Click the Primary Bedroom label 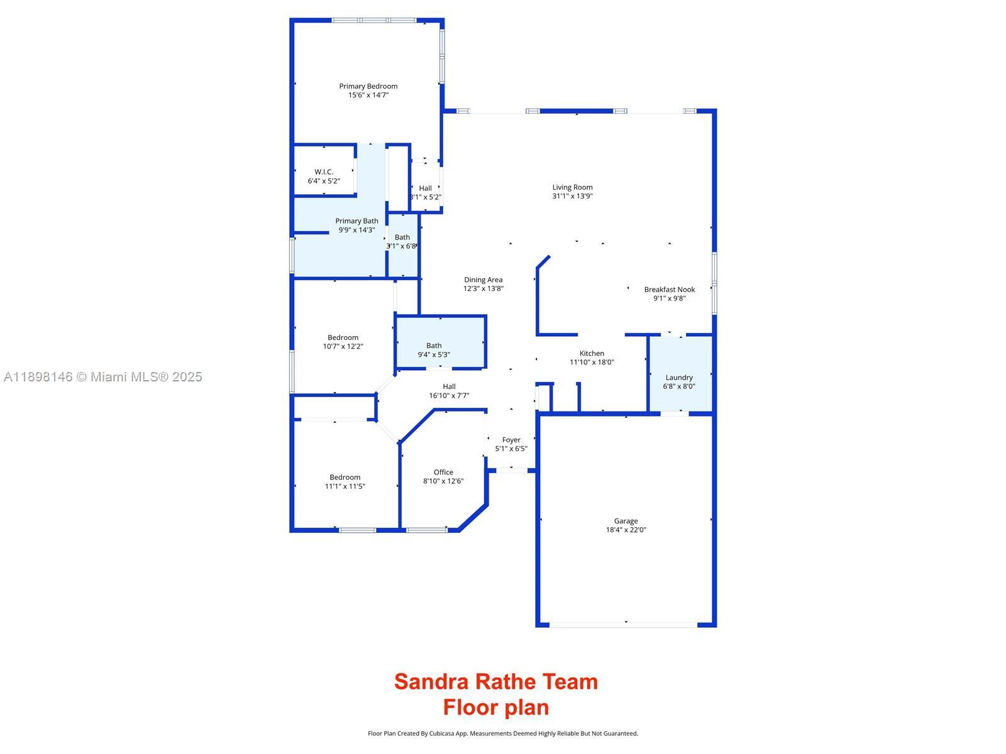click(368, 86)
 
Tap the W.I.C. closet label click(324, 172)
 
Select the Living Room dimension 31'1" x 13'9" click(573, 196)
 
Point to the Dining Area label click(484, 280)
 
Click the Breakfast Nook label click(670, 290)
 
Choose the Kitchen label click(592, 353)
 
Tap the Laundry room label click(679, 378)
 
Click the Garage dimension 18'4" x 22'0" click(626, 530)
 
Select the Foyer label click(511, 440)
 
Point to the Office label click(443, 473)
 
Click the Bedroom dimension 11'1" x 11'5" click(345, 486)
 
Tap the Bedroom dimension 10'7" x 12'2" click(343, 346)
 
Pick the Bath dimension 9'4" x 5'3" click(434, 354)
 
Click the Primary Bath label click(357, 221)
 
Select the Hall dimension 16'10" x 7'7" click(449, 396)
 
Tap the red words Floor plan click(496, 708)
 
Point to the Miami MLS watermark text click(103, 377)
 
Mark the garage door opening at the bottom click(624, 625)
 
